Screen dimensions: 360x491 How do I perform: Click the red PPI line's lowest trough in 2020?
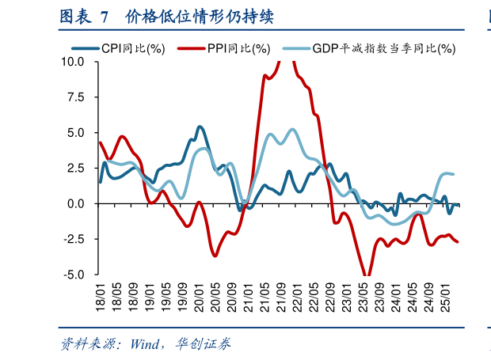215,255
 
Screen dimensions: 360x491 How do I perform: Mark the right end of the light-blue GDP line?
453,174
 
